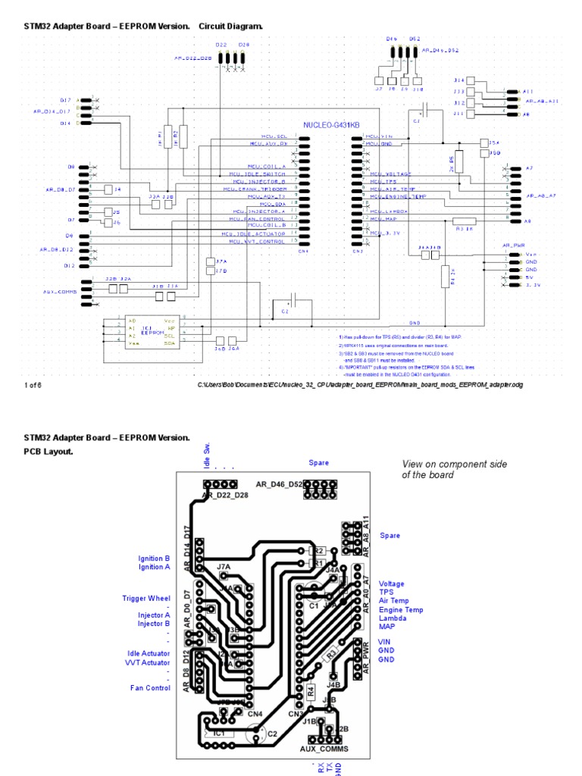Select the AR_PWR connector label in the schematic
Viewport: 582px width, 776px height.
[x=513, y=246]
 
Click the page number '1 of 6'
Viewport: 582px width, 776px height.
[x=31, y=385]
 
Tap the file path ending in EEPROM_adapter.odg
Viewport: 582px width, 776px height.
[x=360, y=385]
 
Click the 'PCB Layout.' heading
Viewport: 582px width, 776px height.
[x=48, y=451]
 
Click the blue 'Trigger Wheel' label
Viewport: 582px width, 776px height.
[x=146, y=599]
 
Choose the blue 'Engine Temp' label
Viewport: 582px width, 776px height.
[x=401, y=610]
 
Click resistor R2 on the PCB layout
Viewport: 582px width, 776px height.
[x=318, y=551]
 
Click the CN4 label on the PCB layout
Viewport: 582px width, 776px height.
[x=255, y=713]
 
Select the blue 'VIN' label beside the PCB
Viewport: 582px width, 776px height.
[x=386, y=641]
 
